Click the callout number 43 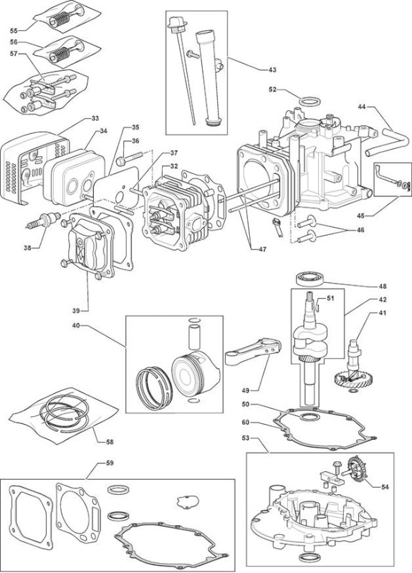click(x=272, y=69)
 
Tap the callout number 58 click(x=110, y=442)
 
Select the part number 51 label click(x=330, y=298)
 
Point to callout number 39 click(x=76, y=311)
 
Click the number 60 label click(x=246, y=422)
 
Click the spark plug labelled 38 click(x=44, y=220)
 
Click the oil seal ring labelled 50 click(x=308, y=417)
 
